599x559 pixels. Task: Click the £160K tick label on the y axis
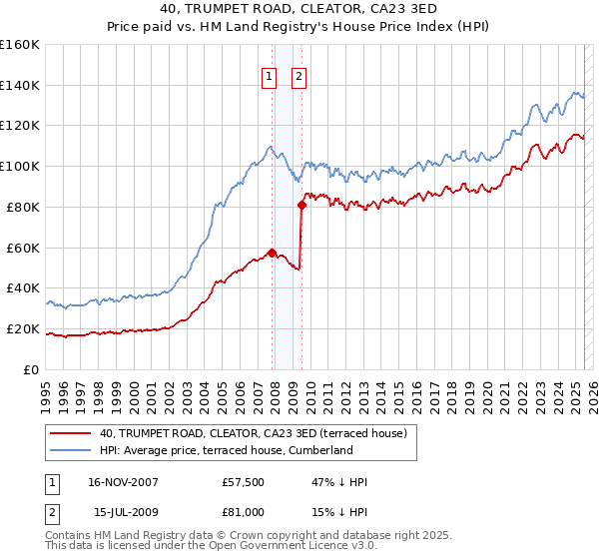[x=19, y=45]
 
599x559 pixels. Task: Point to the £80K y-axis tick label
[x=23, y=207]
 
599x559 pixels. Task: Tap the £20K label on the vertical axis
[x=23, y=328]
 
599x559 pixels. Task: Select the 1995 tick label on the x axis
[x=46, y=389]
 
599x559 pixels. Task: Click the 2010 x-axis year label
[x=309, y=389]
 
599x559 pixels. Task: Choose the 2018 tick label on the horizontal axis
[x=449, y=389]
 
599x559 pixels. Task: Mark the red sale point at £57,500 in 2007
[x=272, y=253]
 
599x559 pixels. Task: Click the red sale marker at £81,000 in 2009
[x=300, y=205]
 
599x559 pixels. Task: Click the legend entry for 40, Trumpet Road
[x=253, y=433]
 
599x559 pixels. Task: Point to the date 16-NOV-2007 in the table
[x=123, y=482]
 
